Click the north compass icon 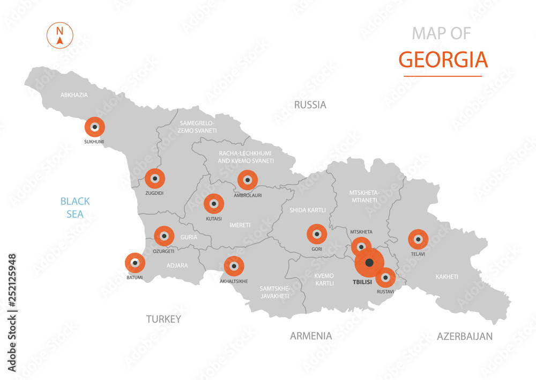tap(60, 34)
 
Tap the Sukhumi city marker tap(95, 127)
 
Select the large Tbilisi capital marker tap(369, 262)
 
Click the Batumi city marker tap(135, 262)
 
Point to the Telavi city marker tap(418, 239)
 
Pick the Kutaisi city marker tap(214, 203)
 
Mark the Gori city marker tap(317, 234)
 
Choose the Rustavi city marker tap(385, 277)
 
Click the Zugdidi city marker tap(155, 178)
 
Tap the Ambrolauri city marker tap(248, 180)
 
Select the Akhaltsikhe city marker tap(234, 266)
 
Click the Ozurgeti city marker tap(164, 236)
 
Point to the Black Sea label tap(75, 208)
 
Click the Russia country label tap(310, 105)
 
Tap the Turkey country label tap(163, 319)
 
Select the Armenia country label tap(311, 336)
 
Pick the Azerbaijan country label tap(464, 337)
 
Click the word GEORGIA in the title tap(443, 60)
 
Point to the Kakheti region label tap(446, 277)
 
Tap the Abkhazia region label tap(74, 95)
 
